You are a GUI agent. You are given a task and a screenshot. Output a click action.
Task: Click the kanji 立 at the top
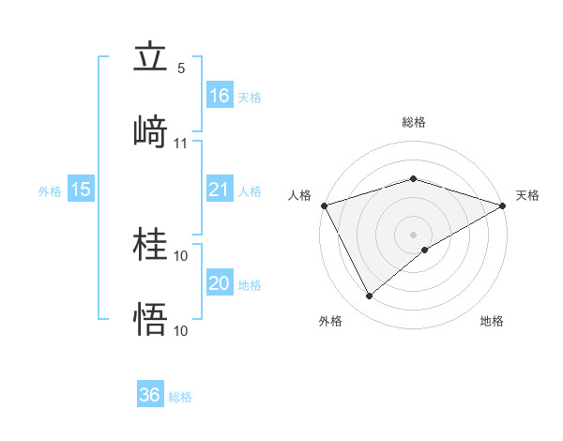click(x=150, y=59)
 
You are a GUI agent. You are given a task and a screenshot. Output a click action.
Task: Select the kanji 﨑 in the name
click(x=150, y=131)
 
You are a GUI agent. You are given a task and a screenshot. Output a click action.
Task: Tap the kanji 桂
click(x=150, y=245)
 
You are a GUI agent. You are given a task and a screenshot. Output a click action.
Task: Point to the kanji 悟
click(x=150, y=319)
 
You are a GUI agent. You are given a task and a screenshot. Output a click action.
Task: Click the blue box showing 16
click(x=220, y=95)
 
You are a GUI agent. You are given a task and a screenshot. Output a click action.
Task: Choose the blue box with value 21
click(x=220, y=190)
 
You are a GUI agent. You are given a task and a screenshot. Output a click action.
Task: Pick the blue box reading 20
click(x=220, y=283)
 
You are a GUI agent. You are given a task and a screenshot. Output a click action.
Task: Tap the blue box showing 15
click(x=81, y=190)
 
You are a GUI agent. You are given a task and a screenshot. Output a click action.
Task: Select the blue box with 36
click(x=150, y=395)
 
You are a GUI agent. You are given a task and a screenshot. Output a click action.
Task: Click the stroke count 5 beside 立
click(x=181, y=68)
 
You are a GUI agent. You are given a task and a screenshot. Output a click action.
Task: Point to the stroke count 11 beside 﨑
click(x=181, y=144)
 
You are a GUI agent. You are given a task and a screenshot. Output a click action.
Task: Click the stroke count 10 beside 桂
click(x=181, y=255)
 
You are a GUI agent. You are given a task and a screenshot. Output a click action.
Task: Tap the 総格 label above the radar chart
click(x=414, y=122)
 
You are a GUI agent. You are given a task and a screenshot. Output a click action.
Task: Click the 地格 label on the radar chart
click(x=492, y=321)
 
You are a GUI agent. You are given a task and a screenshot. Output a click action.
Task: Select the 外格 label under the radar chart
click(x=331, y=321)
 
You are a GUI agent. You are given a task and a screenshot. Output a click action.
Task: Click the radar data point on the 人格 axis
click(x=324, y=205)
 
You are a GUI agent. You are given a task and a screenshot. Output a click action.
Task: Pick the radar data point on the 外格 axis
click(x=370, y=297)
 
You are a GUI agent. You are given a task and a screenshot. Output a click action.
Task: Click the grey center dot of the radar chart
click(x=414, y=234)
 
